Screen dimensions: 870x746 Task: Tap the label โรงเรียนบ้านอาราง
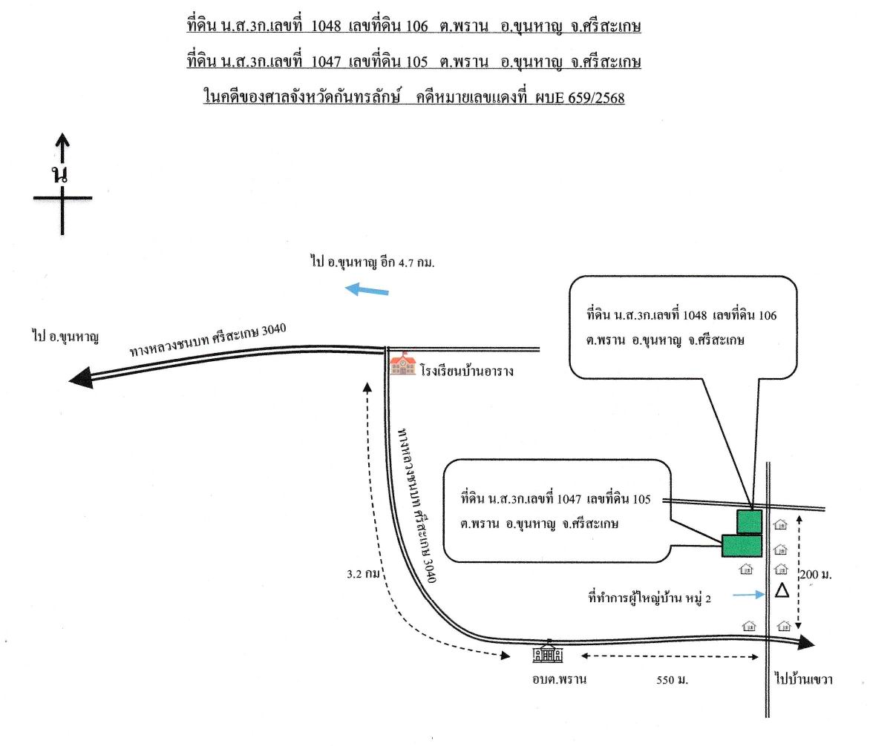[x=467, y=371]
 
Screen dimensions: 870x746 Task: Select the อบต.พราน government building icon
[x=548, y=652]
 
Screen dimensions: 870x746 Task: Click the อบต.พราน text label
[x=559, y=679]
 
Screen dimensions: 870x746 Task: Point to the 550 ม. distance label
[x=672, y=679]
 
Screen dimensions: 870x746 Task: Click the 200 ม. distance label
[x=816, y=575]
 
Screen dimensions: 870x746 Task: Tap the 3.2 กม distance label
[x=364, y=574]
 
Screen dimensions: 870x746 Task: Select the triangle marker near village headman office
[x=782, y=590]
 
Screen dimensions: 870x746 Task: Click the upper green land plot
[x=749, y=521]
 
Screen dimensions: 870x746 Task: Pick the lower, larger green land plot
[x=742, y=545]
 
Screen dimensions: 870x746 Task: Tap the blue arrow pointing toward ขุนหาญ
[x=367, y=289]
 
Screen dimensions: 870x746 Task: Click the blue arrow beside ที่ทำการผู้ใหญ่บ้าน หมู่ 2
[x=748, y=595]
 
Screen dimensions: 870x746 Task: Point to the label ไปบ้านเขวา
[x=803, y=679]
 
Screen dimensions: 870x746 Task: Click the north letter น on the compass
[x=60, y=174]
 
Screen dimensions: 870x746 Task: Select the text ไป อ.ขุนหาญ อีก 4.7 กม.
[x=373, y=262]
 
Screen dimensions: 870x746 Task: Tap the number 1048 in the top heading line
[x=326, y=26]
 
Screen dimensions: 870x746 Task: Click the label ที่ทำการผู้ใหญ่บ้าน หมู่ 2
[x=650, y=598]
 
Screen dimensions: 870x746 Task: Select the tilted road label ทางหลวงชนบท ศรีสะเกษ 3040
[x=208, y=340]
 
